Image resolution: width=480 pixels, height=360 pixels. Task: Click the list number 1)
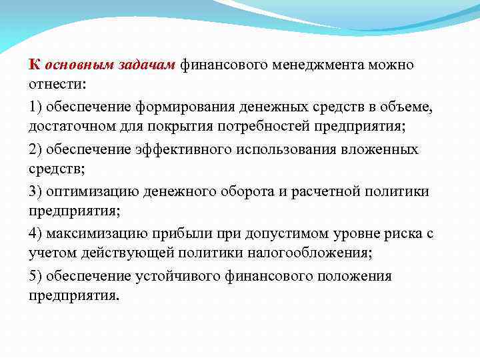pyautogui.click(x=37, y=107)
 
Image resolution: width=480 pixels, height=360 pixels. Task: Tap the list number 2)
pyautogui.click(x=37, y=149)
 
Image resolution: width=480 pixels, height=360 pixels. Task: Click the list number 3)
pyautogui.click(x=37, y=191)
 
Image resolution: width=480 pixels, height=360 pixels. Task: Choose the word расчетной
pyautogui.click(x=323, y=191)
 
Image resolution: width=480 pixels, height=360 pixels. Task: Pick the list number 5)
pyautogui.click(x=37, y=275)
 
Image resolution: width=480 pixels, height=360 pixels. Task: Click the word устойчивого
pyautogui.click(x=167, y=275)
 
